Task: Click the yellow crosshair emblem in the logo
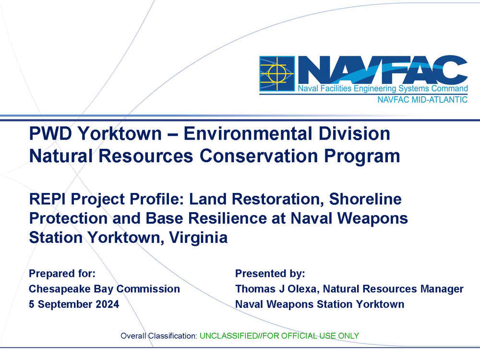[x=277, y=73]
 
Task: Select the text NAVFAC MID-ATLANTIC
[x=422, y=99]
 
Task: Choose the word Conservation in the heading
[x=259, y=156]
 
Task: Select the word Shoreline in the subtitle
[x=365, y=199]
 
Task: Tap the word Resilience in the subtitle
[x=228, y=218]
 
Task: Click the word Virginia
[x=198, y=238]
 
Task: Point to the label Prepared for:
[x=62, y=274]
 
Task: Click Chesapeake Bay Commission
[x=104, y=289]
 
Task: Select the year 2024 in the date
[x=107, y=304]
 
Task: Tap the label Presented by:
[x=270, y=274]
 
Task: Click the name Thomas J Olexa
[x=277, y=289]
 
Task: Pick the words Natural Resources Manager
[x=394, y=289]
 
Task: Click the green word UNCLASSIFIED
[x=228, y=336]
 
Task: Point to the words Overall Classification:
[x=158, y=336]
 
